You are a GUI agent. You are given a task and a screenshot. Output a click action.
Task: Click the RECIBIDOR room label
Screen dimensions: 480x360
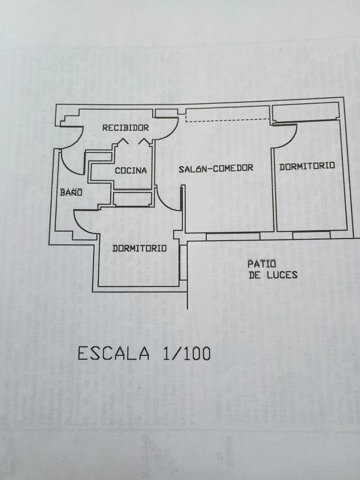(125, 128)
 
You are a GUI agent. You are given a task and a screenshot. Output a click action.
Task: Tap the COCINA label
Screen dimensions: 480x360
(131, 171)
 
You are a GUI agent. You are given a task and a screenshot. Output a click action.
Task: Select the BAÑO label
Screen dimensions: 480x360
(71, 193)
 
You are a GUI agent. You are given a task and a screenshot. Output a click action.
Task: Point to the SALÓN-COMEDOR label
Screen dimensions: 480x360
(216, 168)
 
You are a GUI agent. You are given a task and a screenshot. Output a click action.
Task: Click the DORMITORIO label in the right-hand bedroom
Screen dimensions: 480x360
(307, 166)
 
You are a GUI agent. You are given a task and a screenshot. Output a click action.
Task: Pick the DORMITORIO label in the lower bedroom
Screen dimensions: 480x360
(139, 248)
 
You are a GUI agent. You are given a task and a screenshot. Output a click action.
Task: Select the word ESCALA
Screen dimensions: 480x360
(113, 353)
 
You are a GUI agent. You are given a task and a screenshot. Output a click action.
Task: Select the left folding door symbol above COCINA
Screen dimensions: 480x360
(123, 141)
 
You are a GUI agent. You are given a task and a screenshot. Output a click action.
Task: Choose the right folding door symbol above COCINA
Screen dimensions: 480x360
(144, 141)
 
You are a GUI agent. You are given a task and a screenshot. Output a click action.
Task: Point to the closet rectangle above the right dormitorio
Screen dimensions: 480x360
(305, 112)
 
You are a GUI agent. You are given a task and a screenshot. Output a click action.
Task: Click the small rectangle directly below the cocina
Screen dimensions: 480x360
(132, 199)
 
